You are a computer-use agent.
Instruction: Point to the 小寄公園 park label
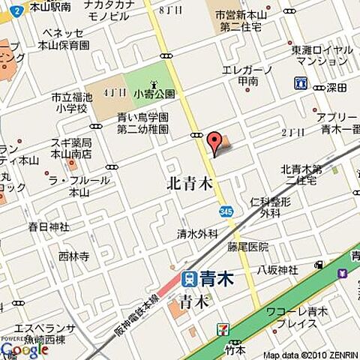pos(154,94)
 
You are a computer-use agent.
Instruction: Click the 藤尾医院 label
pos(248,247)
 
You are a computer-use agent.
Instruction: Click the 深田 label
pos(337,88)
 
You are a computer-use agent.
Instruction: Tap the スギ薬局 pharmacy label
pos(72,148)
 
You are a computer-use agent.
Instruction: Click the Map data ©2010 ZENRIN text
pos(310,355)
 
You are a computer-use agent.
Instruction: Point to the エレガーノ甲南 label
pos(247,75)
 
